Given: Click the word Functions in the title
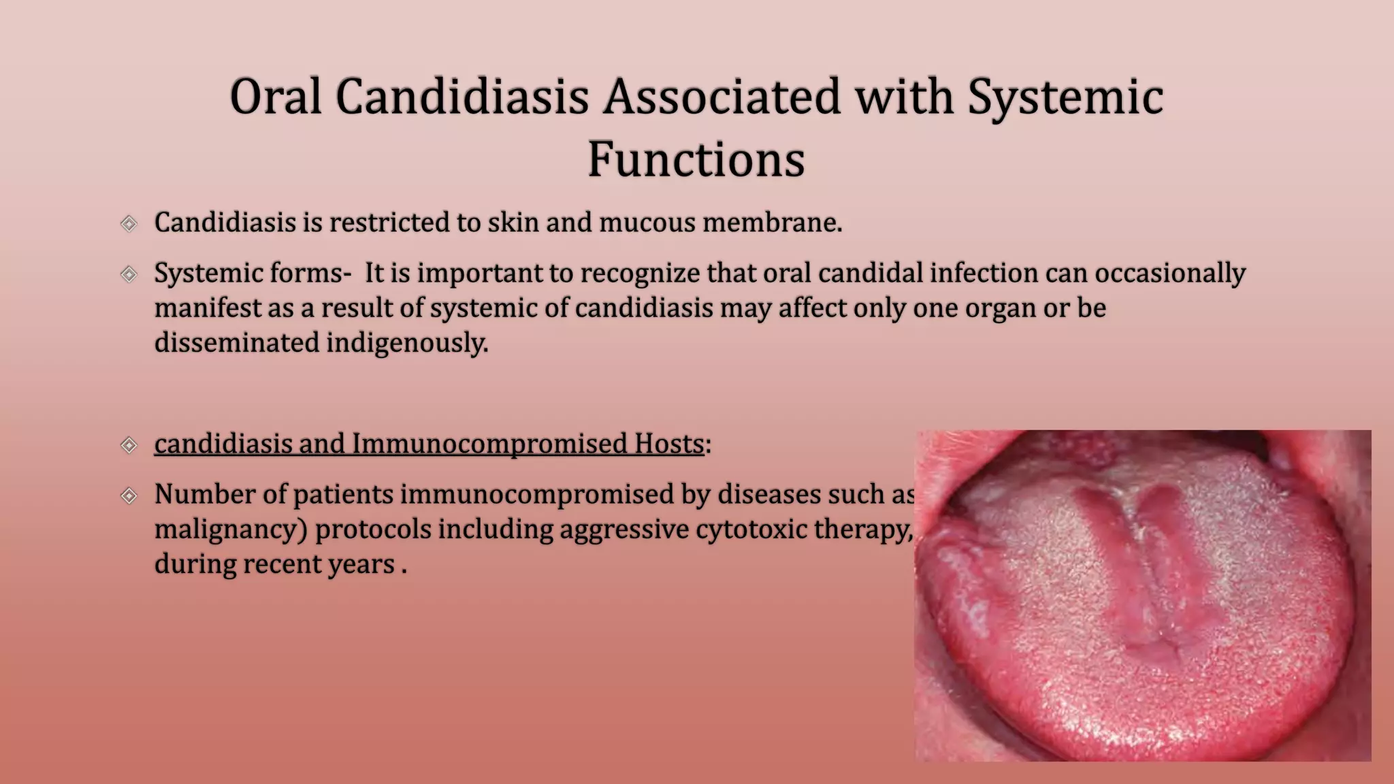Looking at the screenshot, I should click(x=696, y=159).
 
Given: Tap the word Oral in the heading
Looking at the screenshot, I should click(x=275, y=96).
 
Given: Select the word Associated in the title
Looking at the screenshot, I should click(x=722, y=96).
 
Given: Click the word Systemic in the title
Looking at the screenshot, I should click(x=1065, y=96).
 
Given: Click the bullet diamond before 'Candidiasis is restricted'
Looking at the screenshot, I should click(x=129, y=223).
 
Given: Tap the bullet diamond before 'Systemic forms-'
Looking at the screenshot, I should click(x=129, y=274).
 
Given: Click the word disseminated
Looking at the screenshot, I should click(x=236, y=342).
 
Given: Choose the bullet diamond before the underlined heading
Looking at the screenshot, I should click(x=129, y=445).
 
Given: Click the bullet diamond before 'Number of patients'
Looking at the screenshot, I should click(x=129, y=495).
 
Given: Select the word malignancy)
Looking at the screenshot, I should click(x=231, y=529).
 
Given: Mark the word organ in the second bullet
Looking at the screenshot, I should click(x=1001, y=308).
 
